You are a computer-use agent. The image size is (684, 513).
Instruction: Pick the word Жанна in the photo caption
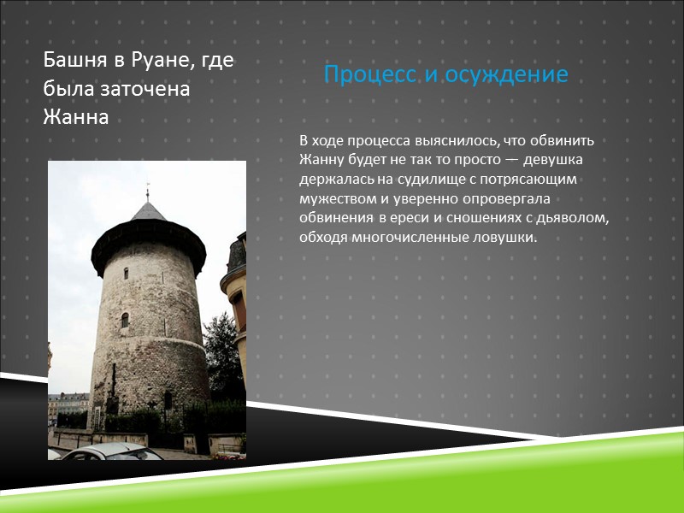coord(76,117)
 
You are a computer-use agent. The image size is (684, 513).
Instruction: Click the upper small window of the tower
coord(125,273)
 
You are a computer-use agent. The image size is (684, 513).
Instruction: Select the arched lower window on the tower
coord(125,320)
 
